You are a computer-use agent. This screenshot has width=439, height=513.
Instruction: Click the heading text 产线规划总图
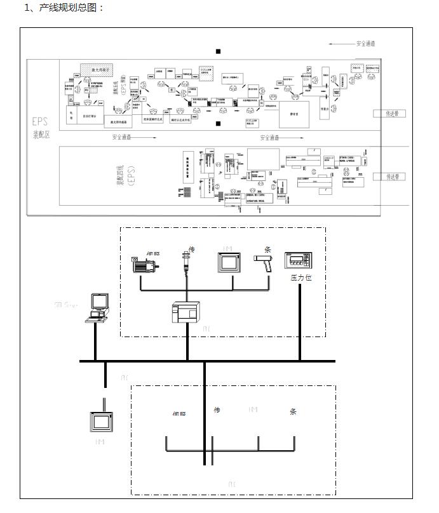point(70,8)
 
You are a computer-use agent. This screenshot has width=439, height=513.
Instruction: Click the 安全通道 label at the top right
point(365,44)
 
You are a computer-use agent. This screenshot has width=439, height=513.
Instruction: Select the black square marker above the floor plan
point(218,51)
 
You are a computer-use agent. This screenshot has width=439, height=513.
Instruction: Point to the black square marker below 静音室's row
point(218,124)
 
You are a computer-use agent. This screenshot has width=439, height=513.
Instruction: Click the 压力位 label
point(301,277)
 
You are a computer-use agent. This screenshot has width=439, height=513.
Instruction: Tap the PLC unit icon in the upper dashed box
point(186,313)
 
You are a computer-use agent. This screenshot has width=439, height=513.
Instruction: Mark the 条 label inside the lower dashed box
point(293,411)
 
